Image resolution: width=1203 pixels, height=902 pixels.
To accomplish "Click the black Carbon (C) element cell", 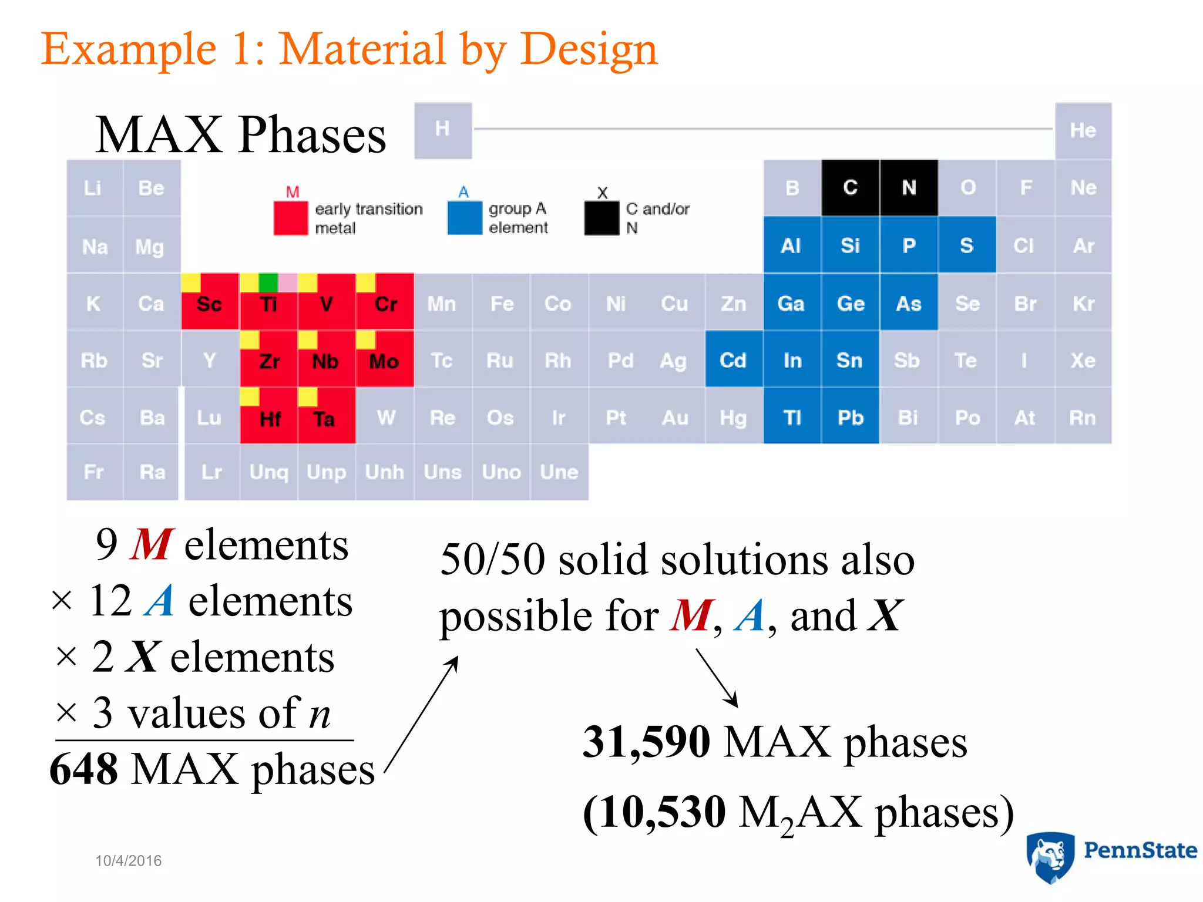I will point(850,188).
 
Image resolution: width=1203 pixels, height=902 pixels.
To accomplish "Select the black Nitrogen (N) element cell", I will point(909,188).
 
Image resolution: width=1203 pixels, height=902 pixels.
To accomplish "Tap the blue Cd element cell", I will point(734,360).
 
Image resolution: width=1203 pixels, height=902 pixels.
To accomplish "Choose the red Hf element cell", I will point(269,418).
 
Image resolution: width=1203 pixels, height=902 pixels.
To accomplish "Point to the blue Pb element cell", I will point(850,417).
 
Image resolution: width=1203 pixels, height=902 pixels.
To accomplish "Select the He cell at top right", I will point(1083,130).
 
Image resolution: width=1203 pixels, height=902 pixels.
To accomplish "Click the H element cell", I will point(443,130).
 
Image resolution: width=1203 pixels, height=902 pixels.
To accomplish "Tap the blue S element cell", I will point(966,245).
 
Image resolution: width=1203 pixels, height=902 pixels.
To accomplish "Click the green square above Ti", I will point(268,282).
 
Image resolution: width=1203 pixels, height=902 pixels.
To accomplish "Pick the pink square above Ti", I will point(287,282).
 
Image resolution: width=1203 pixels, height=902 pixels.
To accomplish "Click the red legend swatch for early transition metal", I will point(290,218).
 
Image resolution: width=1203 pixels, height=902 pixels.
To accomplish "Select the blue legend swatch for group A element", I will point(464,218).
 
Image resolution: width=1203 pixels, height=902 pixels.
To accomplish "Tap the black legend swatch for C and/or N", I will point(601,218).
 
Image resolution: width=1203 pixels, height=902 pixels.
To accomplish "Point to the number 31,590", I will point(646,742).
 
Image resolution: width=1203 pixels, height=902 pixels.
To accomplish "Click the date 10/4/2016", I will point(128,860).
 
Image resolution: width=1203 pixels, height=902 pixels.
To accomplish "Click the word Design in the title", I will point(589,49).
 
